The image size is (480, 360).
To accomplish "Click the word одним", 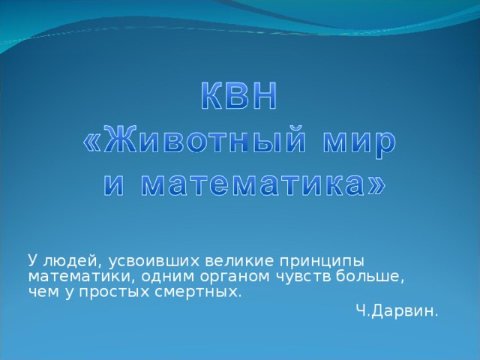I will (150, 277).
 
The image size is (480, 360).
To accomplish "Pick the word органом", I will (214, 277).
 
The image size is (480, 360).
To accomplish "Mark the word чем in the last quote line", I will (39, 292).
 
